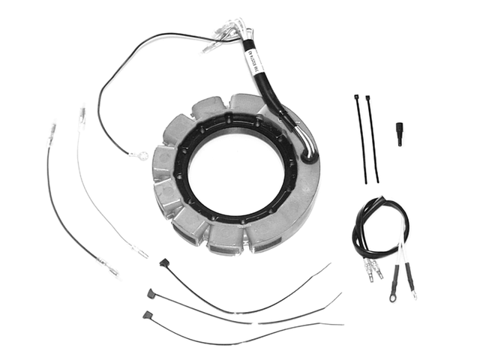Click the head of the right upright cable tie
coord(368,98)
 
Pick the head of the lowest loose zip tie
coord(146,314)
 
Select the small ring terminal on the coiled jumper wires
coord(414,285)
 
